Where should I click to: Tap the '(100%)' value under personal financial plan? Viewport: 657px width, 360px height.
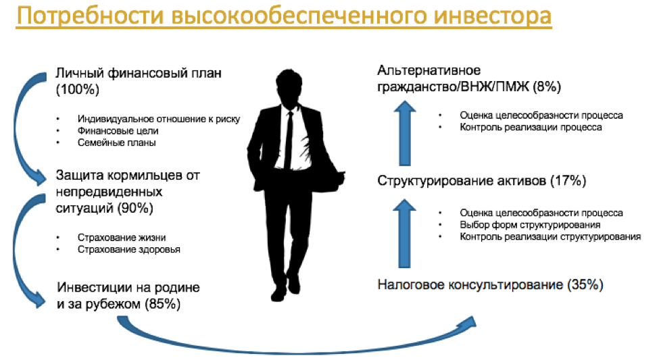(x=78, y=90)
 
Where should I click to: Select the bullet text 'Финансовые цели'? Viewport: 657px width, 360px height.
(x=118, y=130)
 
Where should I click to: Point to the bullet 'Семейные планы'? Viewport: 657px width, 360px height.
(x=116, y=143)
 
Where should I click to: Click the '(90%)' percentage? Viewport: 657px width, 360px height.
(x=135, y=208)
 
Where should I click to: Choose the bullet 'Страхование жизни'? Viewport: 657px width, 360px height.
(x=122, y=237)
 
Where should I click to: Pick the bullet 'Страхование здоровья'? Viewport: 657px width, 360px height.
(x=128, y=249)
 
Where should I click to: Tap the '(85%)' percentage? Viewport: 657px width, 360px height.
(x=163, y=303)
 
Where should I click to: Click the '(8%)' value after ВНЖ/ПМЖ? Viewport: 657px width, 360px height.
(x=547, y=86)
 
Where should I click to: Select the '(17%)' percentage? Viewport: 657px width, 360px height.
(x=568, y=181)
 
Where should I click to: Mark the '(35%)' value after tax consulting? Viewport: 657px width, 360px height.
(x=585, y=284)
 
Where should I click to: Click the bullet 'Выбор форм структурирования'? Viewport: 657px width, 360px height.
(x=530, y=225)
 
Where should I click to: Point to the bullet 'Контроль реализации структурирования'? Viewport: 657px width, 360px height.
(x=550, y=237)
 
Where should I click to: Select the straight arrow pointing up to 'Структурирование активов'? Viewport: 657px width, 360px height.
(x=404, y=233)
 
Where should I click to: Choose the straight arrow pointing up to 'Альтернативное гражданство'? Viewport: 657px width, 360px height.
(x=404, y=133)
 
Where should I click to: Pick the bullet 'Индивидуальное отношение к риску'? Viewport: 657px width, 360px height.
(x=159, y=119)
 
